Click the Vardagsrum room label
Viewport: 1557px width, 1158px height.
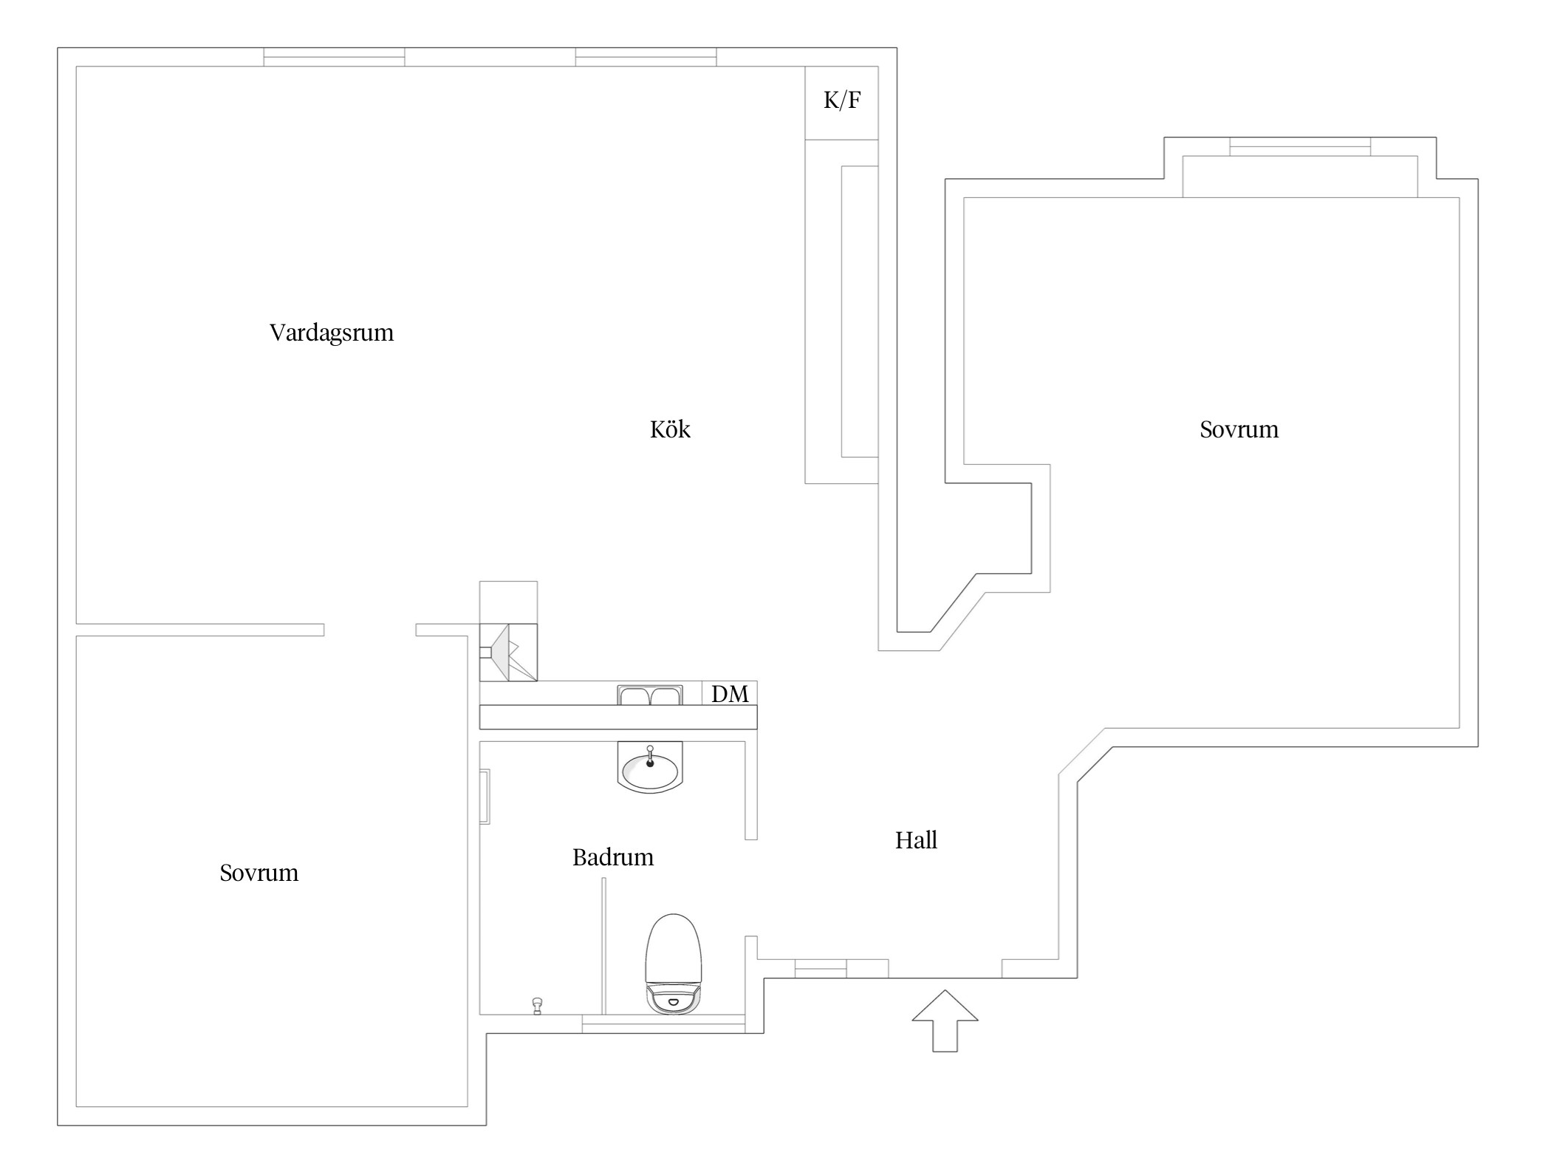point(332,333)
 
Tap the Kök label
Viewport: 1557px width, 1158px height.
point(670,429)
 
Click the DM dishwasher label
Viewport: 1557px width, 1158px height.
point(730,694)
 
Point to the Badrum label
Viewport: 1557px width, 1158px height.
point(613,857)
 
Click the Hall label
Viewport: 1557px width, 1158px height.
point(916,840)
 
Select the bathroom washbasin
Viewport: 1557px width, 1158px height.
point(650,770)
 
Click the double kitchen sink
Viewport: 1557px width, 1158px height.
point(649,695)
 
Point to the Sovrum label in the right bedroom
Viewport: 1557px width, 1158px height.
point(1239,429)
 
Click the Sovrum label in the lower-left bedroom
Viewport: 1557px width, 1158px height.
point(259,873)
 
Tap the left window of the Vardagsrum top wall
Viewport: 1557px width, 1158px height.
point(334,57)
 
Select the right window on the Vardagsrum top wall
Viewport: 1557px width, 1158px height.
point(646,57)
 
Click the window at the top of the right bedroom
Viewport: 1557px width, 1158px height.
point(1299,146)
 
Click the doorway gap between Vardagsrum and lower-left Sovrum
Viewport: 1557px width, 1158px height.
point(369,630)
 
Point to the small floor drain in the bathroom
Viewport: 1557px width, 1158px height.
point(537,1006)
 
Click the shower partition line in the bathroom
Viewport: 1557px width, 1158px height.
point(603,946)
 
